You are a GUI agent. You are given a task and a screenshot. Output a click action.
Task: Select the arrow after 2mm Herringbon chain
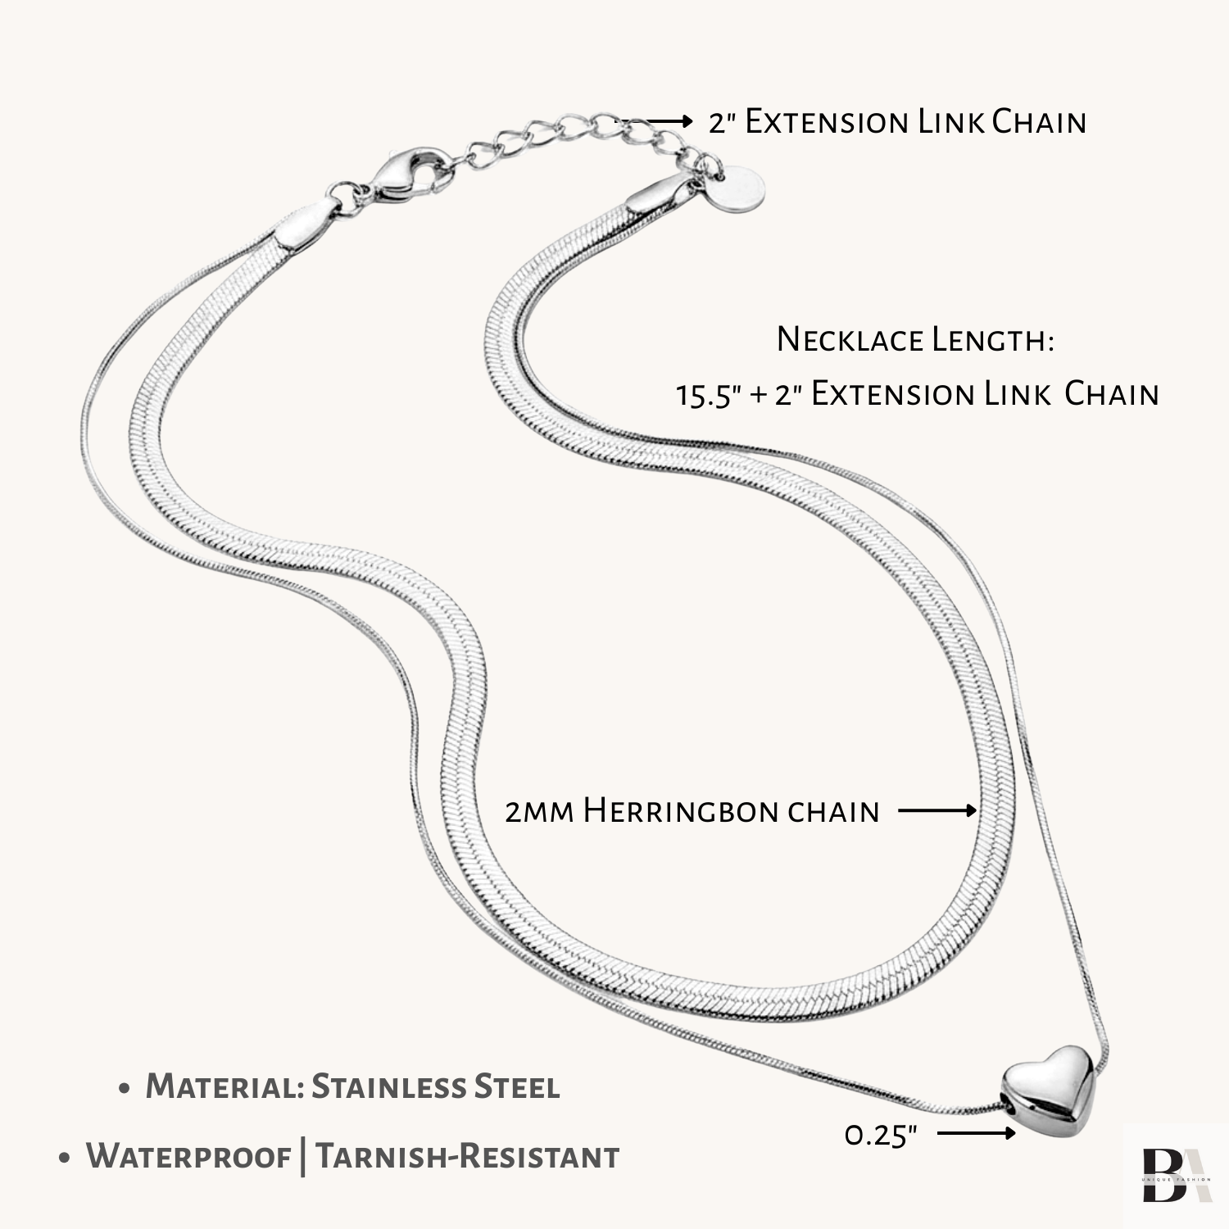[937, 811]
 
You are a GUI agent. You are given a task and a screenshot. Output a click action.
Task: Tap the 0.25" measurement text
[881, 1136]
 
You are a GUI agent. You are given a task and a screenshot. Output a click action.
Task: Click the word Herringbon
[680, 811]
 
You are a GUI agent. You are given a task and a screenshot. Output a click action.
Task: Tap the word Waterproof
[188, 1157]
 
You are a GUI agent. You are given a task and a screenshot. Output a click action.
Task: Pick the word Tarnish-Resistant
[468, 1157]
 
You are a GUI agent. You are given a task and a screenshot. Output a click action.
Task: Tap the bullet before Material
[125, 1090]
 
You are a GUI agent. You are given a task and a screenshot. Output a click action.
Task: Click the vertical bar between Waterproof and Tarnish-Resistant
[304, 1157]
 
